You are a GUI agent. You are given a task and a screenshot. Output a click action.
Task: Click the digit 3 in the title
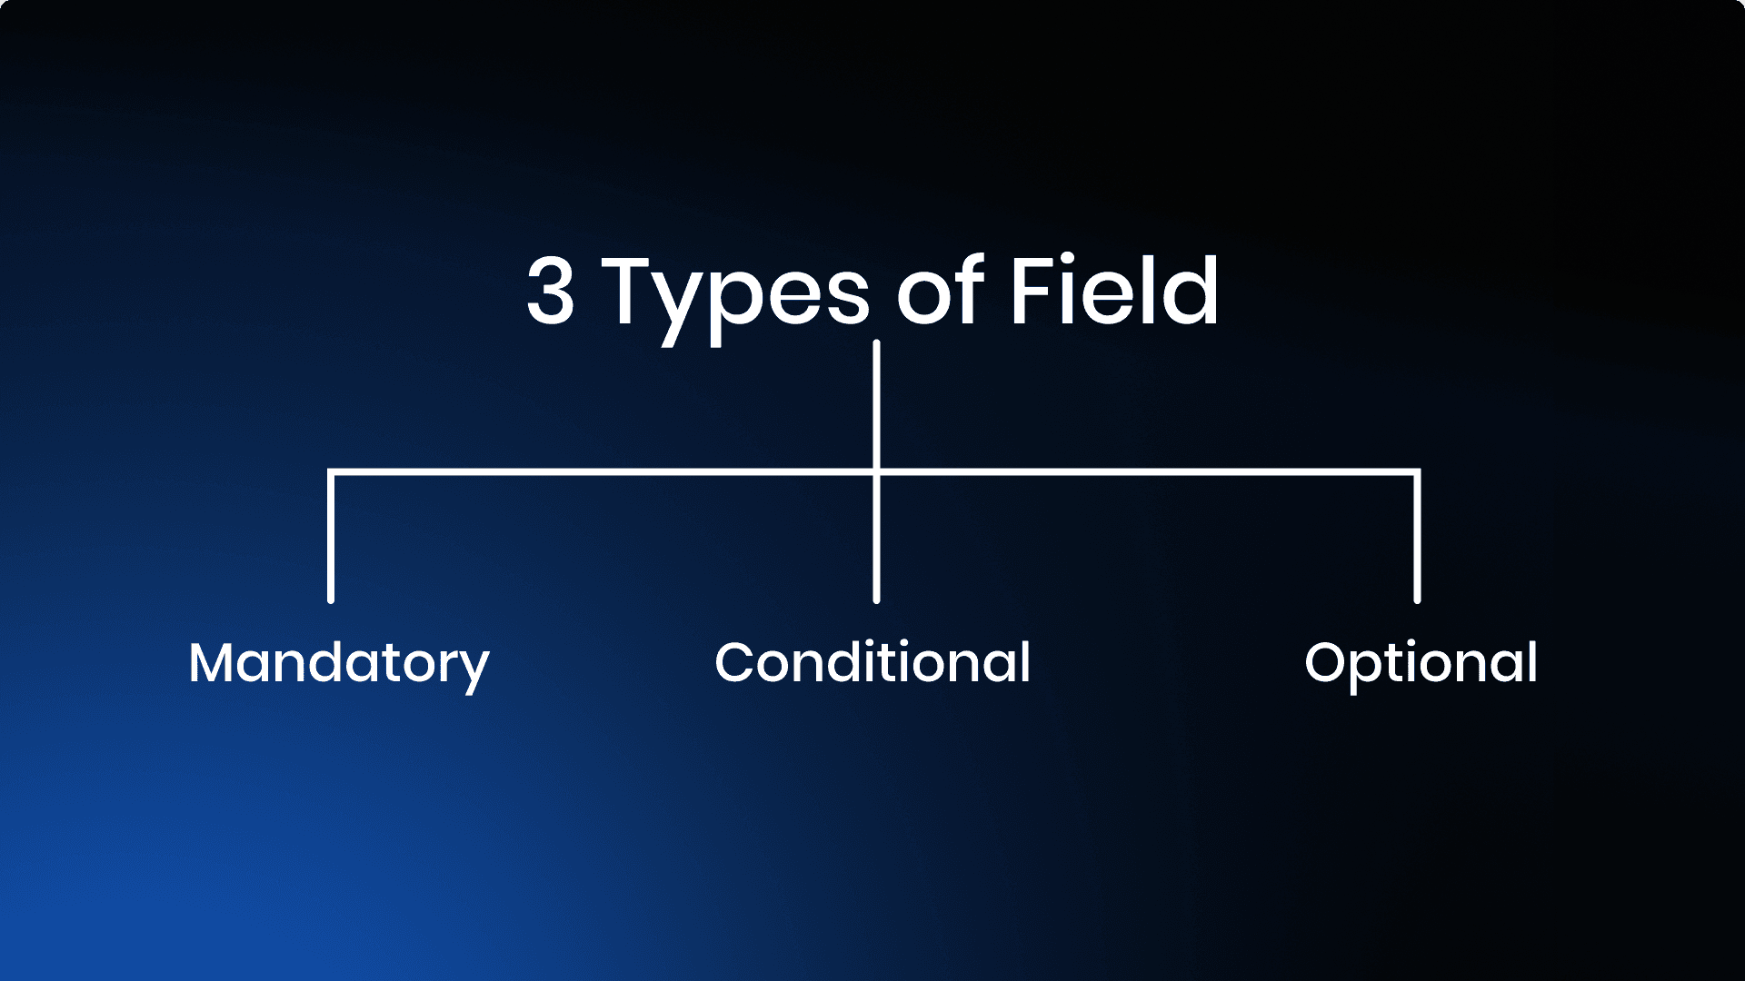pos(551,290)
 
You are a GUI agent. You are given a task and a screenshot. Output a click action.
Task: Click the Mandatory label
pos(339,665)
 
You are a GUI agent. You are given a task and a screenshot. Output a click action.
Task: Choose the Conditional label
pos(872,661)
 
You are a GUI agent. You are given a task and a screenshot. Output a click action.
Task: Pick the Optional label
pos(1421,665)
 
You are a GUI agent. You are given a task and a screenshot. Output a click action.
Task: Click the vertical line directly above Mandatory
pos(331,536)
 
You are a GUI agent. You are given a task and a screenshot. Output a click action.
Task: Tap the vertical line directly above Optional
pos(1417,536)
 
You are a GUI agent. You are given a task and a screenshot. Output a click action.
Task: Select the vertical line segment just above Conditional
pos(876,539)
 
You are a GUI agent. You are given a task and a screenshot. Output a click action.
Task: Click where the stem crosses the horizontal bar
pos(876,472)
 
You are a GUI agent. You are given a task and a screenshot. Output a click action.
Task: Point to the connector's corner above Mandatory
pos(331,472)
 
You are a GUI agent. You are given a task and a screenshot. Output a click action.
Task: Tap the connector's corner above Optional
pos(1417,472)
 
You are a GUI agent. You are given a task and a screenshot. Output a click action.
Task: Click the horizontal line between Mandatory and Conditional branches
pos(603,472)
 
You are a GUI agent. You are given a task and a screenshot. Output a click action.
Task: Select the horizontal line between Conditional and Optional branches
pos(1147,472)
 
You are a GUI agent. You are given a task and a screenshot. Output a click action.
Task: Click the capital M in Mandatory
pos(212,662)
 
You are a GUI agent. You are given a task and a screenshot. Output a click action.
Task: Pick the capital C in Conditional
pos(736,662)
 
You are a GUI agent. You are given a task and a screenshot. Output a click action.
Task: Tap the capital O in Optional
pos(1327,662)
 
